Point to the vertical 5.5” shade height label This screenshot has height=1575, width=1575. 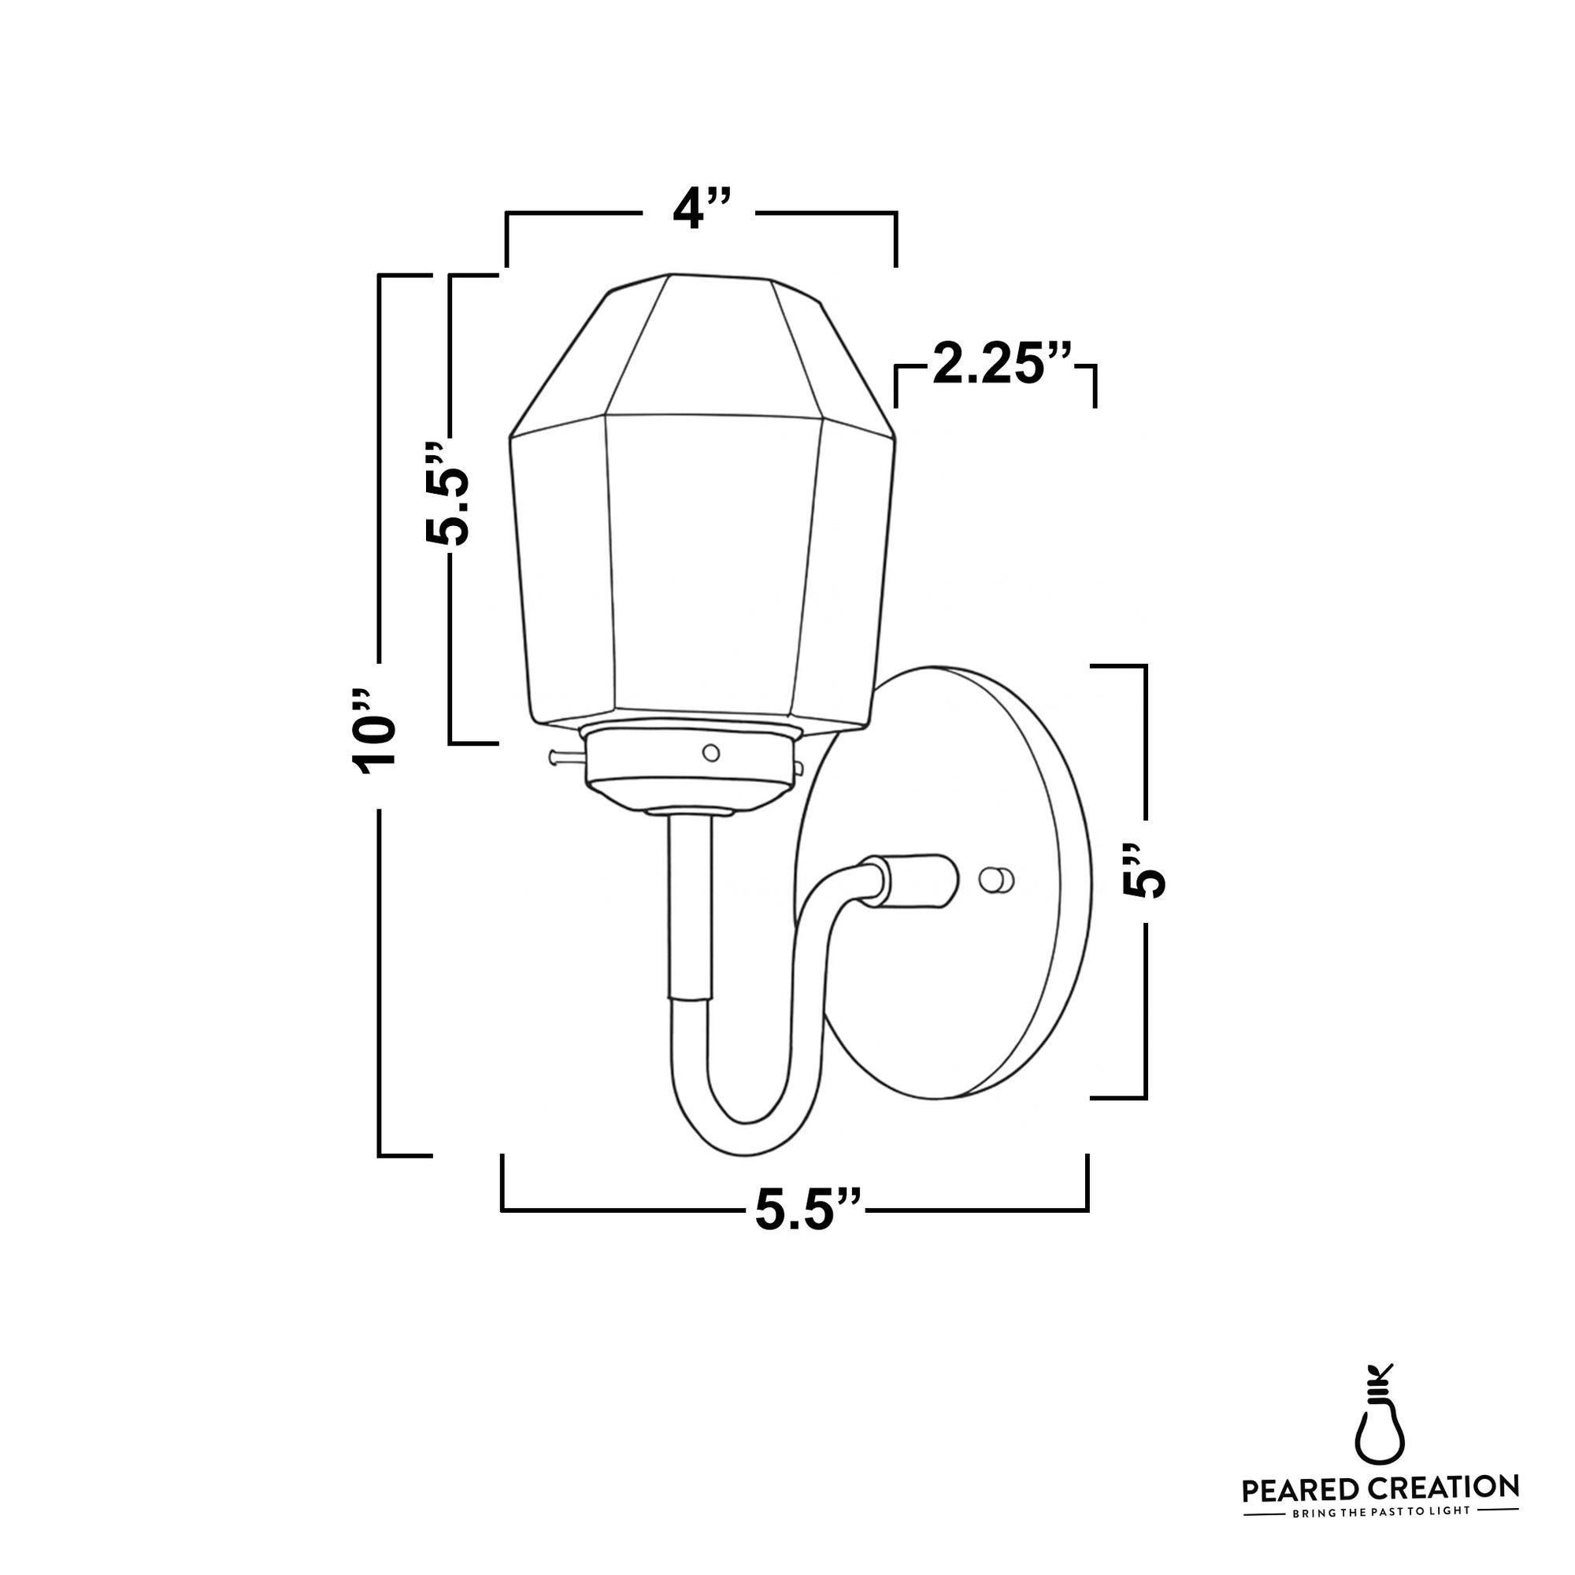[x=447, y=495]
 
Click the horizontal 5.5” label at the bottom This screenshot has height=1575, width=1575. [x=807, y=1210]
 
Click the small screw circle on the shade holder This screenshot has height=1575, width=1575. [x=711, y=752]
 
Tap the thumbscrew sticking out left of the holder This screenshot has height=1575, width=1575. [x=562, y=758]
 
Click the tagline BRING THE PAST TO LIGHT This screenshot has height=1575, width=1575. [x=1380, y=1534]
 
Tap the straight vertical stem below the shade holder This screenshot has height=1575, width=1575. [x=690, y=905]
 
